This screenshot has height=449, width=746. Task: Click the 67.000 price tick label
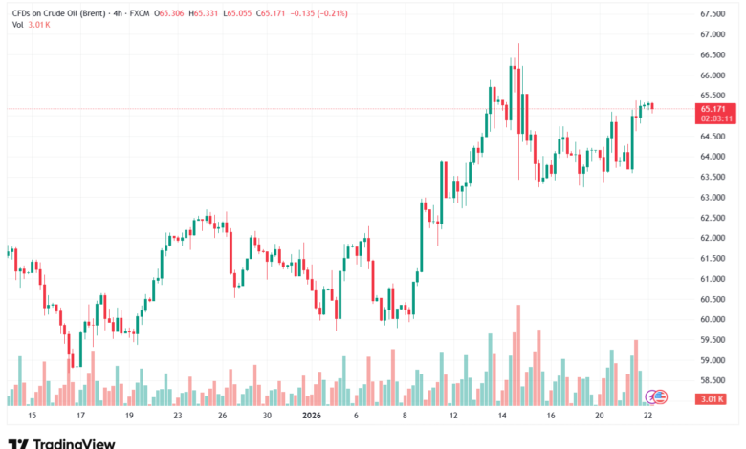coord(712,34)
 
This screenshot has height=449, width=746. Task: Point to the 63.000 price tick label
coord(712,198)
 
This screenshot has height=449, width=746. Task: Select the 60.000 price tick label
coord(712,320)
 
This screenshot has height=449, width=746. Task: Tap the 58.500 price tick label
coord(712,381)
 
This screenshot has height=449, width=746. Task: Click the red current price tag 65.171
coord(712,110)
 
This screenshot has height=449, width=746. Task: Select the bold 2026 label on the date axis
coord(312,417)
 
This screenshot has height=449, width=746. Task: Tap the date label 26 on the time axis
coord(222,417)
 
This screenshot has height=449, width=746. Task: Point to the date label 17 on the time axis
coord(80,417)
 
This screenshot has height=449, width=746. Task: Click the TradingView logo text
coord(74,442)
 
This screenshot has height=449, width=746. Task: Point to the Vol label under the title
coord(17,25)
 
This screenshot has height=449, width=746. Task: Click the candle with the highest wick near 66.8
coord(518,96)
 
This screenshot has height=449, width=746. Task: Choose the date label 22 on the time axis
coord(648,417)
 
